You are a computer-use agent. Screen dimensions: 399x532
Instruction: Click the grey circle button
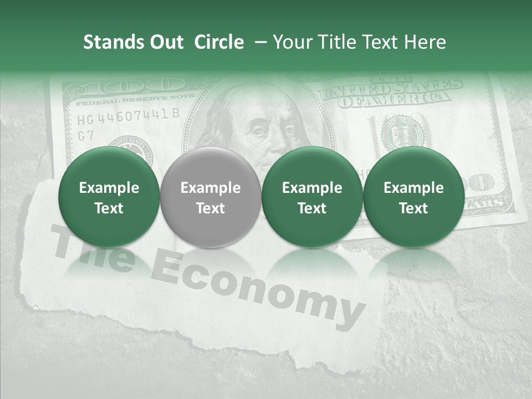click(x=210, y=197)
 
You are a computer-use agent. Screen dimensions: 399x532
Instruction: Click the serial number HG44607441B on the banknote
click(x=128, y=116)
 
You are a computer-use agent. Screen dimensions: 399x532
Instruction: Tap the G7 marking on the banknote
click(x=86, y=136)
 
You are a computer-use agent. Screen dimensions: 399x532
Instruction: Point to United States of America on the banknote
click(x=391, y=91)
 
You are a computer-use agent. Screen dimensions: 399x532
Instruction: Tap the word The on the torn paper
click(x=94, y=252)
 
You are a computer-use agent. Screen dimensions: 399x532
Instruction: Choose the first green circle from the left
click(x=109, y=197)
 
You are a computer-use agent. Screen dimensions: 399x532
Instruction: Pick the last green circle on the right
click(x=413, y=197)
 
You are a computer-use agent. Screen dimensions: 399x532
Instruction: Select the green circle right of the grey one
click(x=312, y=197)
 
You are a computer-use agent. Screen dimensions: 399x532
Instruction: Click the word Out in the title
click(x=165, y=42)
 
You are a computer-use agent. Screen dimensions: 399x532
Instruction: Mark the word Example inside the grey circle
click(x=210, y=188)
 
